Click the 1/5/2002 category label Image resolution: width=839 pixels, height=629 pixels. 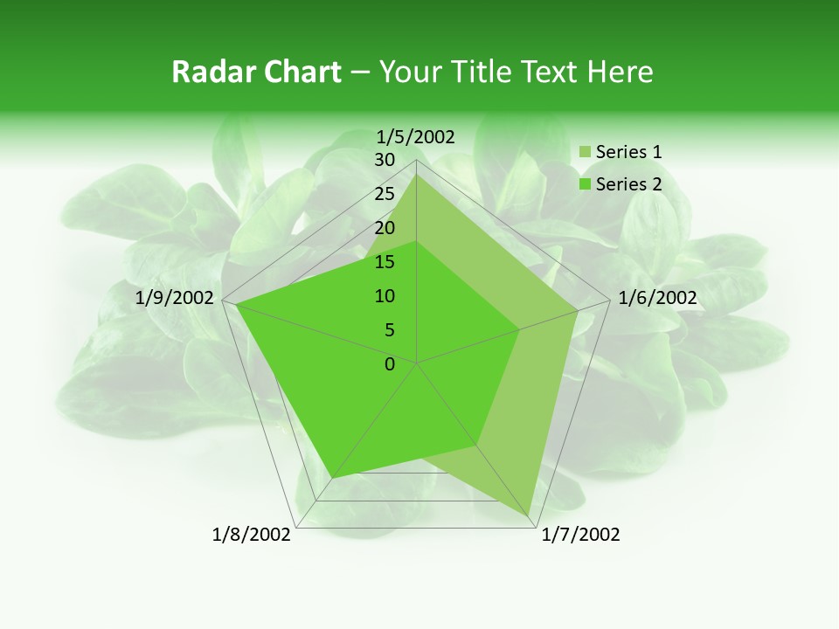416,136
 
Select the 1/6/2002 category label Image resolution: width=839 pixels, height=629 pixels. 657,298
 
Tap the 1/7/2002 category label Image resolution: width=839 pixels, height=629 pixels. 580,535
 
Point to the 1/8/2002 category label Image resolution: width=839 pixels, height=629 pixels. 252,535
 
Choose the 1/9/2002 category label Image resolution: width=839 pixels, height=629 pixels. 175,298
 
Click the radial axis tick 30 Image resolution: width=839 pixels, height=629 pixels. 385,160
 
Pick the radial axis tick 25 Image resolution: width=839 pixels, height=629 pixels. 385,194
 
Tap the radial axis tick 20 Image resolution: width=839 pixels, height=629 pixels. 385,228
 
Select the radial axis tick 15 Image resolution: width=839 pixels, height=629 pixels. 385,262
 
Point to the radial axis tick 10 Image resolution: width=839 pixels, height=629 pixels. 385,296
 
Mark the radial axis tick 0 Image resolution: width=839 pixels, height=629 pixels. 390,364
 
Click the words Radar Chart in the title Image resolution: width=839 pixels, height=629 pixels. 256,72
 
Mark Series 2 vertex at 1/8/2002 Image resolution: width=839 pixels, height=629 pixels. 332,478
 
